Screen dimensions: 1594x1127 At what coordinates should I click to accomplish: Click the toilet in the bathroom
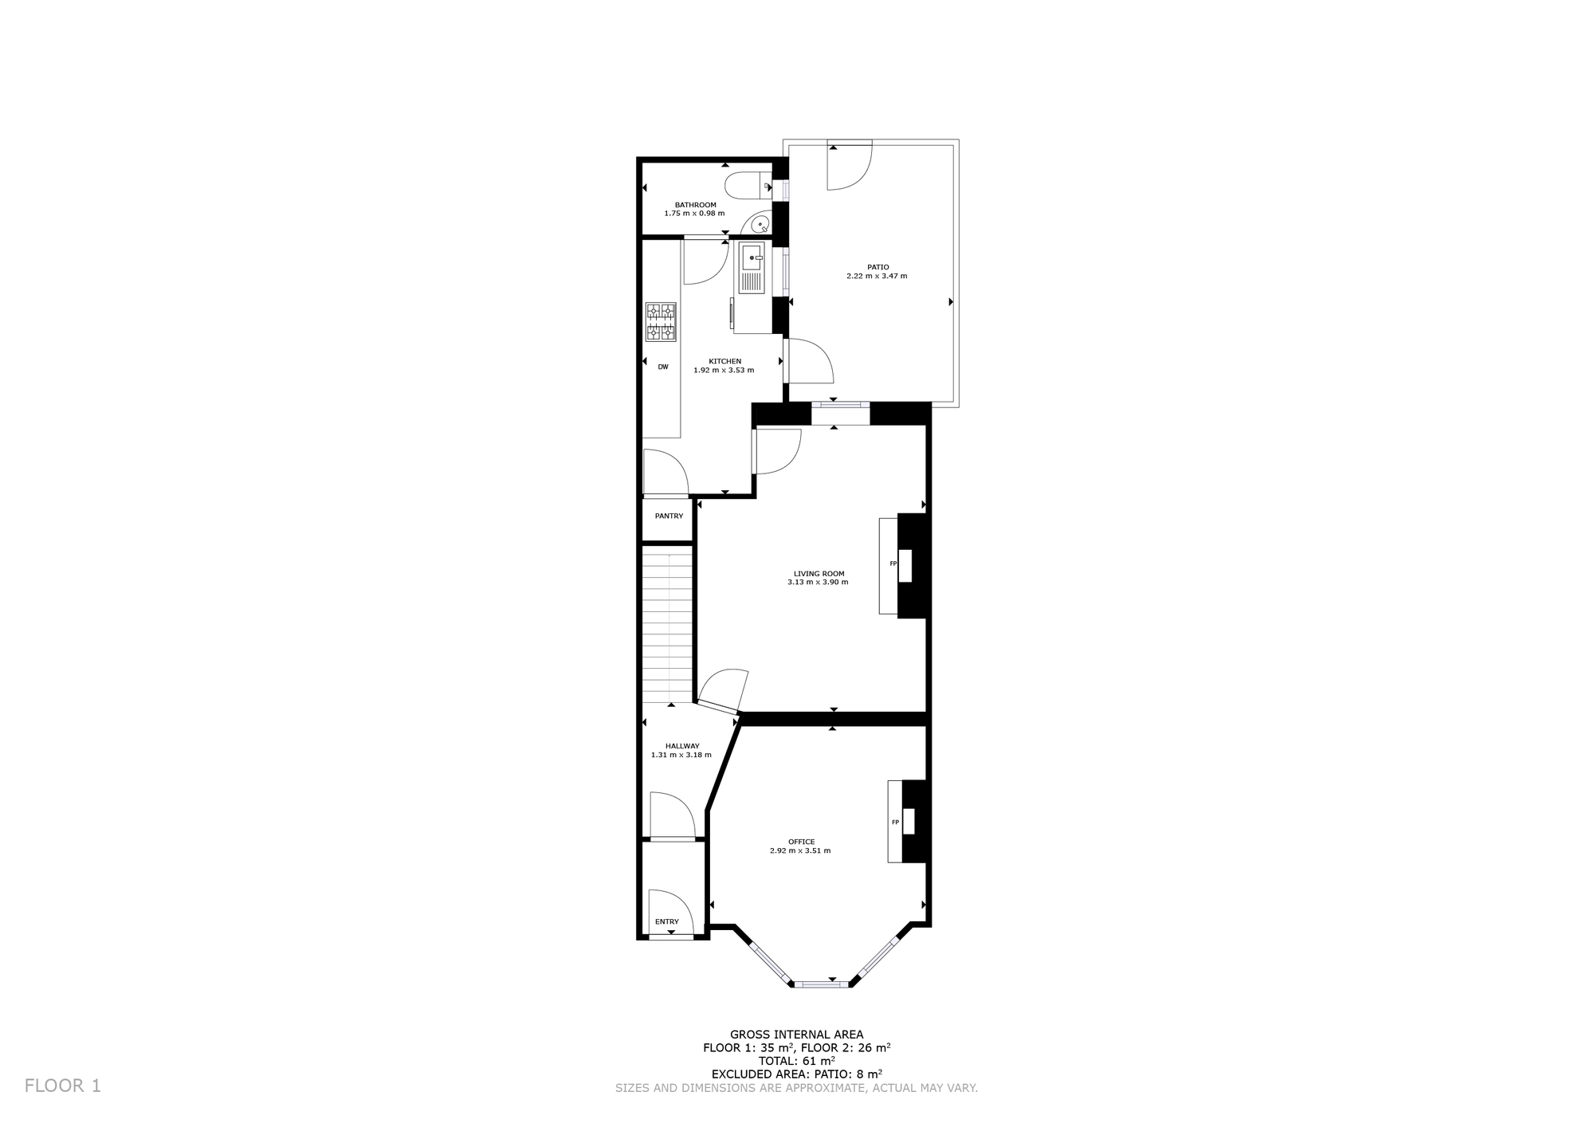click(x=748, y=186)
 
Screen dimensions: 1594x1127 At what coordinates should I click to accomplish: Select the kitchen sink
click(x=752, y=268)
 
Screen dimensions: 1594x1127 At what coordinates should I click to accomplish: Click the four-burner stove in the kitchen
click(x=661, y=322)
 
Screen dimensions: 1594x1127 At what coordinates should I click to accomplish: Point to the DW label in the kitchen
click(x=663, y=367)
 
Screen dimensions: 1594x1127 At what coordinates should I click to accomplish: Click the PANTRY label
click(x=669, y=516)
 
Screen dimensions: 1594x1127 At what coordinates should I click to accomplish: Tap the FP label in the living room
click(x=893, y=564)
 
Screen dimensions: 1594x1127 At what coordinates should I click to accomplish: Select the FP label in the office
click(x=895, y=823)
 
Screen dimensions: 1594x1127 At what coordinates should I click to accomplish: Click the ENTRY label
click(x=667, y=922)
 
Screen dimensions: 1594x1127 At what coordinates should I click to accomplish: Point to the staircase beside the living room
click(x=667, y=623)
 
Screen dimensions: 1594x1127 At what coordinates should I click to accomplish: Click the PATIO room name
click(x=877, y=267)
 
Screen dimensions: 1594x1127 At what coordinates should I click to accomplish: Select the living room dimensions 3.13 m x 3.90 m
click(x=818, y=583)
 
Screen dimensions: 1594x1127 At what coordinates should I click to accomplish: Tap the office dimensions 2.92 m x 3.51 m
click(x=800, y=850)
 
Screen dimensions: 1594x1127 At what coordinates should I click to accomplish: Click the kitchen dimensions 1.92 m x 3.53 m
click(x=724, y=370)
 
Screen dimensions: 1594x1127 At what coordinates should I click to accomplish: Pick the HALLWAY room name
click(x=682, y=746)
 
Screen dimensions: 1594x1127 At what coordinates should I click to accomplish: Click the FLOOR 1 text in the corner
click(x=63, y=1086)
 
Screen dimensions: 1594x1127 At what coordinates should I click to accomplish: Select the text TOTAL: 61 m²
click(x=797, y=1061)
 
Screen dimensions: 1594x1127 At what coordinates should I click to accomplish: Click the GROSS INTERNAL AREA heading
click(x=797, y=1035)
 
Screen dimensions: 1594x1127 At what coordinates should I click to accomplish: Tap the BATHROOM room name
click(x=696, y=205)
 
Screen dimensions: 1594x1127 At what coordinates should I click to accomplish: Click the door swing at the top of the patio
click(x=850, y=165)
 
